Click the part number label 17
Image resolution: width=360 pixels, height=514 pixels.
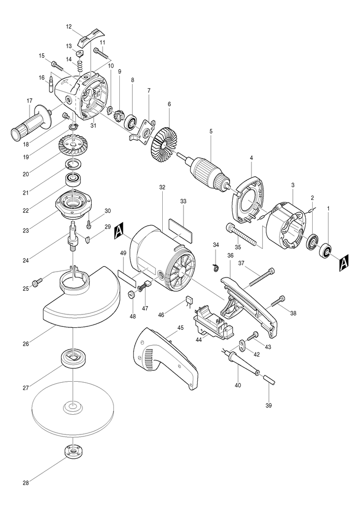30,101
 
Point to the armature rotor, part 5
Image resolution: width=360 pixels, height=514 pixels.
207,172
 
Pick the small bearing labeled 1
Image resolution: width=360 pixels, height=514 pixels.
326,250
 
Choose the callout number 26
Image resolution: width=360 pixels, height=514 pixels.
26,344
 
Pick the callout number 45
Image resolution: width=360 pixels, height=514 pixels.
180,327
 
